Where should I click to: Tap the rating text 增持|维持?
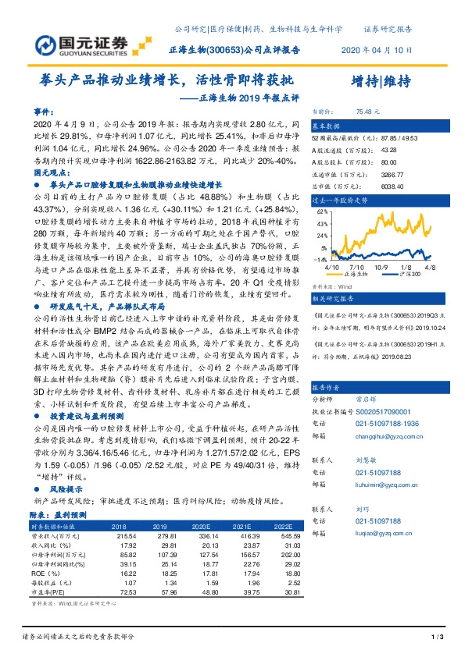[x=381, y=81]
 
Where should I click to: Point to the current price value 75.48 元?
[x=367, y=112]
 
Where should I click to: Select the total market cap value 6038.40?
[x=370, y=187]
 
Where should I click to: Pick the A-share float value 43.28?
[x=367, y=149]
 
